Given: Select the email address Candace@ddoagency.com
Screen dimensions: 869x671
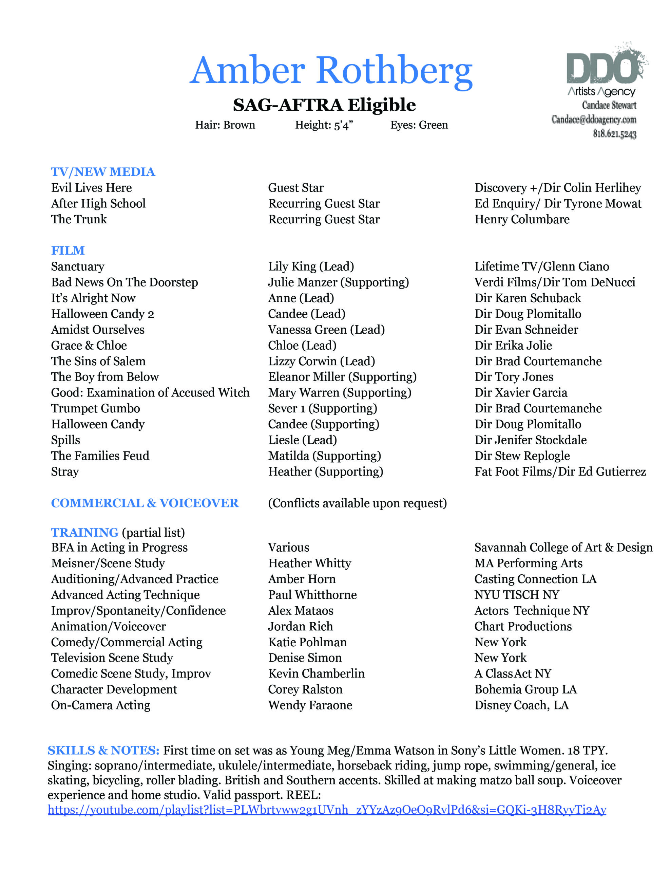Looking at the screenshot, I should (x=593, y=119).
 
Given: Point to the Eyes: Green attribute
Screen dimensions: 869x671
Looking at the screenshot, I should (x=419, y=125).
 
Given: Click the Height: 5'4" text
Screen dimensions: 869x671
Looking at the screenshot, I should (x=324, y=125).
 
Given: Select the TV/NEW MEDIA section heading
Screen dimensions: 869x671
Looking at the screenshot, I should (x=103, y=172).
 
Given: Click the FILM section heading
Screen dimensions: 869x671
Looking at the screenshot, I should (x=68, y=251).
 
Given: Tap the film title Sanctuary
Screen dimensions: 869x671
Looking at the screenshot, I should (x=78, y=266).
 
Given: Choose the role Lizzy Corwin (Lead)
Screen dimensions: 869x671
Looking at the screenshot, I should (x=321, y=361).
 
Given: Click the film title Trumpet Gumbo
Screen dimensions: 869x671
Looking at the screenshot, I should (x=95, y=409).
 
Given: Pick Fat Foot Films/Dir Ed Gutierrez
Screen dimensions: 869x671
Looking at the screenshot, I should (x=560, y=472).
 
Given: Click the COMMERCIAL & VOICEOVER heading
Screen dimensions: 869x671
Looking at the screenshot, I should (x=145, y=503).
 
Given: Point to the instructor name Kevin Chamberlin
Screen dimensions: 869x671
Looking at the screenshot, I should (x=316, y=673).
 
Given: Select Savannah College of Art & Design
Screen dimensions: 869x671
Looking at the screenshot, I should (x=563, y=548).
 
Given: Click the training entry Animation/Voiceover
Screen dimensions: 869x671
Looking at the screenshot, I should (x=109, y=626).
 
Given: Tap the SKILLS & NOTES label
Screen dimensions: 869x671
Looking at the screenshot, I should (x=103, y=751).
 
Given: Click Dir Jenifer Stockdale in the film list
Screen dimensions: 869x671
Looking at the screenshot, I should (x=531, y=440).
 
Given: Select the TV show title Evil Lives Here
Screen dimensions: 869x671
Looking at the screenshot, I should (x=92, y=188).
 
